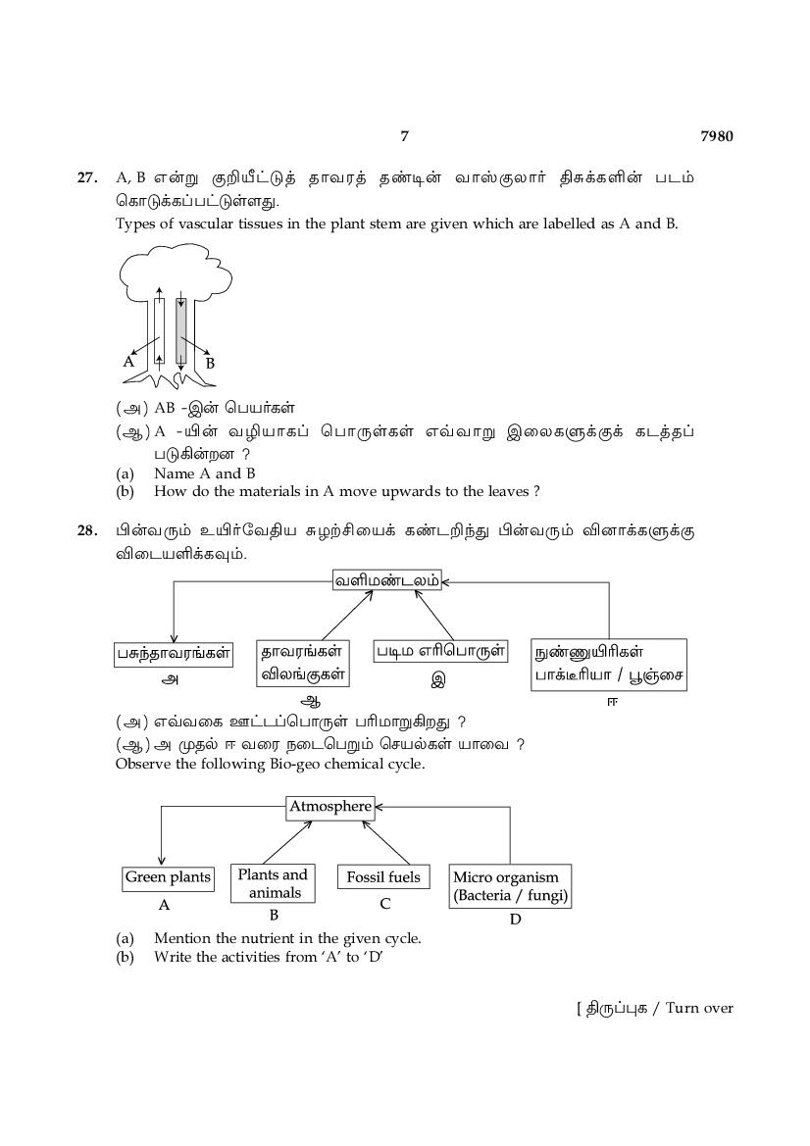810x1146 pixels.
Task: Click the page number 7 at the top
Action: (404, 136)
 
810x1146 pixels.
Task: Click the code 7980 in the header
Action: (717, 136)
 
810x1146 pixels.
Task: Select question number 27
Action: (86, 177)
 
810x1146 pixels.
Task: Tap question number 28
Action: (86, 530)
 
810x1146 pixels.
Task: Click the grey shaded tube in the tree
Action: (181, 331)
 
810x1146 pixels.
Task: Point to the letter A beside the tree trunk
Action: (128, 361)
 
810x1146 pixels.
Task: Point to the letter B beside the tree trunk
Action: (210, 364)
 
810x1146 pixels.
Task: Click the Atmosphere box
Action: (330, 807)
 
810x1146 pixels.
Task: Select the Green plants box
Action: (168, 877)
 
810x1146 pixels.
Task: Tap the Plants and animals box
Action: (274, 883)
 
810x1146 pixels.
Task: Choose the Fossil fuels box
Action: (383, 877)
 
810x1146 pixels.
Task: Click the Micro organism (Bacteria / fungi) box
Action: (510, 886)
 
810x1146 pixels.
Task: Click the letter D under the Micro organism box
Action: (516, 920)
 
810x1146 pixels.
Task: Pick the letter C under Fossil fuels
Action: (385, 904)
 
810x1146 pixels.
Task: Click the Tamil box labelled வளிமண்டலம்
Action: (386, 581)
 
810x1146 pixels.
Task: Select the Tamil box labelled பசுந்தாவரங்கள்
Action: (174, 654)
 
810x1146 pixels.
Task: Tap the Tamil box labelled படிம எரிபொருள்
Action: (441, 651)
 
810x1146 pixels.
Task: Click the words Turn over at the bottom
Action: (699, 1008)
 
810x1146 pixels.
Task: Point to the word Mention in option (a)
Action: (182, 938)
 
